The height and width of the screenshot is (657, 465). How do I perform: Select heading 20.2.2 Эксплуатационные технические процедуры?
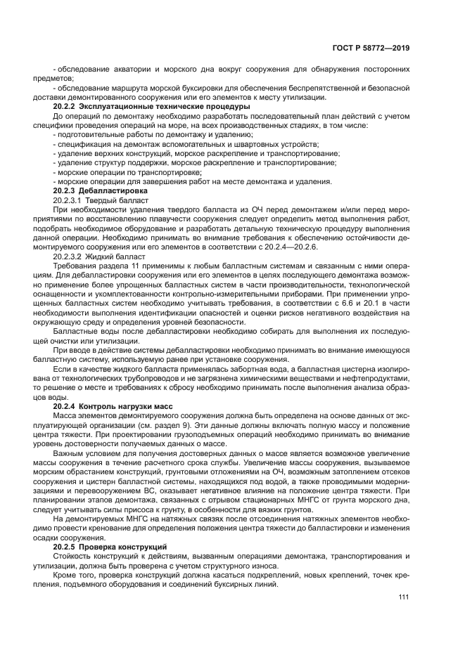pyautogui.click(x=152, y=105)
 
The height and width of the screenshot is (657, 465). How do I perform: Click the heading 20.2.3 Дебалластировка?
pyautogui.click(x=101, y=190)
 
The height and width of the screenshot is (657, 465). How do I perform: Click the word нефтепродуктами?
pyautogui.click(x=378, y=377)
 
